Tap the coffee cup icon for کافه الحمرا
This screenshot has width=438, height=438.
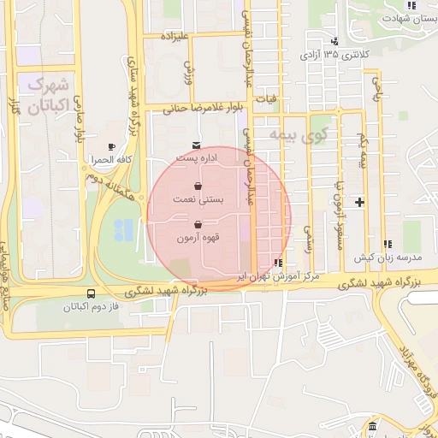pyautogui.click(x=111, y=147)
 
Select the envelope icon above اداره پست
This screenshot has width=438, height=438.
pyautogui.click(x=197, y=145)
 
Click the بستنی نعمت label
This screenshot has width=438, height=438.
pyautogui.click(x=199, y=198)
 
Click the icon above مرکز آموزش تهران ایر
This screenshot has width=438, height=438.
pyautogui.click(x=277, y=263)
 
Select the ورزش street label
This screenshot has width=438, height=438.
pyautogui.click(x=188, y=71)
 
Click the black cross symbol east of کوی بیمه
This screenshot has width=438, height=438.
pyautogui.click(x=359, y=203)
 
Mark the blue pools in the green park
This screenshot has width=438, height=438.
pyautogui.click(x=123, y=229)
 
